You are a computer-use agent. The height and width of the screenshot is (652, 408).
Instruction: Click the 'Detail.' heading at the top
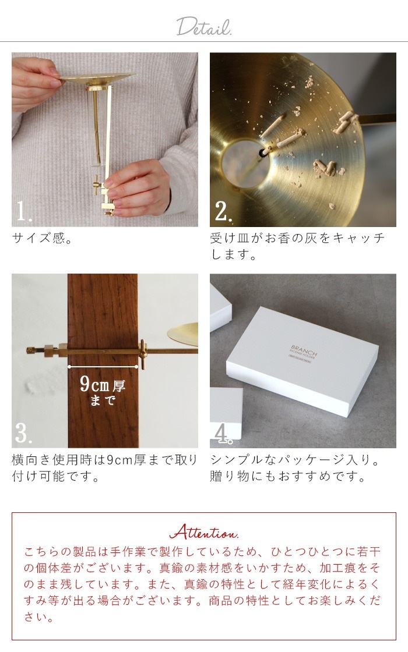tap(204, 26)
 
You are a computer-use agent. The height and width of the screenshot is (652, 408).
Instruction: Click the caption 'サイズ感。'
tap(42, 239)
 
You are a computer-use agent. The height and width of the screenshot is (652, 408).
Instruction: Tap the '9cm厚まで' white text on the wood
tap(103, 391)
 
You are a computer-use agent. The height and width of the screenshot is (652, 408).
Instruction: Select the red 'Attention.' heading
tap(203, 532)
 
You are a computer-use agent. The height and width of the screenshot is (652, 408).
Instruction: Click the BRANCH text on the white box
tap(301, 347)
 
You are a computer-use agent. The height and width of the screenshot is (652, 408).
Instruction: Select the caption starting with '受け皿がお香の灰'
tap(297, 246)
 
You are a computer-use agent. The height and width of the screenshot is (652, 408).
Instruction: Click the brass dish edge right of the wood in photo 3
tap(184, 333)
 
